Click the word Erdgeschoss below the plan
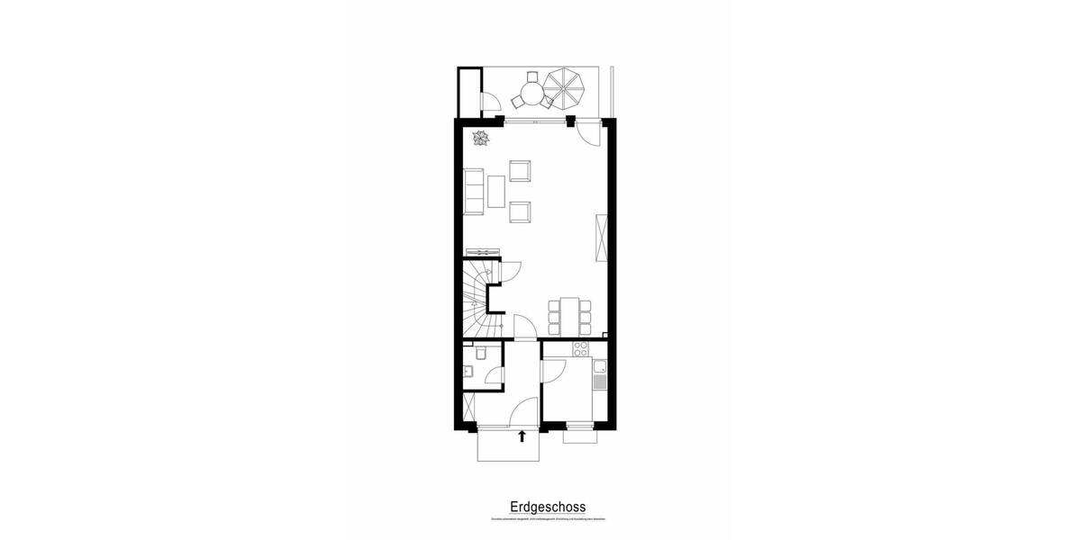540,507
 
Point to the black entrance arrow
522,437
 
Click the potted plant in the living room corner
480,138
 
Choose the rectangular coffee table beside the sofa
497,191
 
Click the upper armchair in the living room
521,170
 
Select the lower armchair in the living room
521,212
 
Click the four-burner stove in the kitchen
581,350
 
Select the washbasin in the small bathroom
468,373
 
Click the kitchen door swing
552,370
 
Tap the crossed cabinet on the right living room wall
602,238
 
